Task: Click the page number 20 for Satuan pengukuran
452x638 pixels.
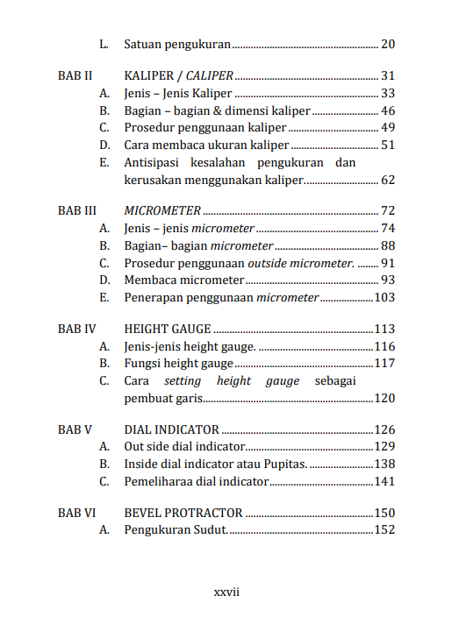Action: click(x=388, y=44)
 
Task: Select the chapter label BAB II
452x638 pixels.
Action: click(x=75, y=75)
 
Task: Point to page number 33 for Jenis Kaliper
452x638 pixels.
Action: click(x=388, y=93)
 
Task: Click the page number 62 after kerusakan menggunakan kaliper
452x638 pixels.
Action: click(x=388, y=180)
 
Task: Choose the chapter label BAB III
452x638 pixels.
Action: click(x=76, y=210)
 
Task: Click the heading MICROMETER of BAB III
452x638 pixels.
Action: click(x=162, y=210)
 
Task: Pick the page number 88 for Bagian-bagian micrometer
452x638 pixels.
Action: click(x=388, y=245)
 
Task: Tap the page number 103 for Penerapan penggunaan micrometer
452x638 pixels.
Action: click(x=384, y=298)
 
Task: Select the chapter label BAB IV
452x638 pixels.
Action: click(x=76, y=330)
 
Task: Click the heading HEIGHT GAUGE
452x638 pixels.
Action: click(x=168, y=330)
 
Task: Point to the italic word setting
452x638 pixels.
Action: click(x=182, y=381)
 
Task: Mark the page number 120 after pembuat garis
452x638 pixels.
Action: click(x=384, y=399)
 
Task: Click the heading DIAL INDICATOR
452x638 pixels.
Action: click(x=172, y=429)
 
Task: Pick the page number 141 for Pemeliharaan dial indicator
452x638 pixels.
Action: click(x=384, y=481)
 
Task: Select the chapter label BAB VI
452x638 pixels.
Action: click(x=76, y=513)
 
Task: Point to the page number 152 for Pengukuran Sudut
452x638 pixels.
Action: click(x=384, y=529)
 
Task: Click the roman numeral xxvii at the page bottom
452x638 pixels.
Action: click(x=226, y=592)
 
